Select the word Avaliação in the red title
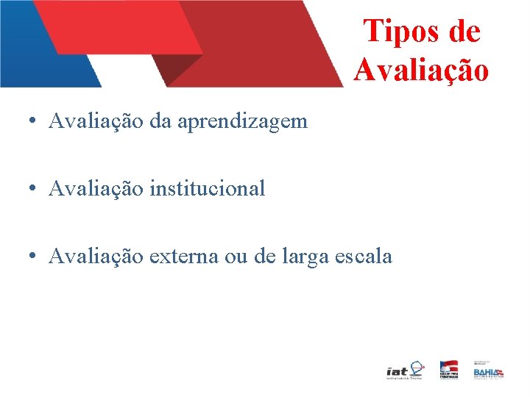420,70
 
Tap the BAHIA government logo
488,371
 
